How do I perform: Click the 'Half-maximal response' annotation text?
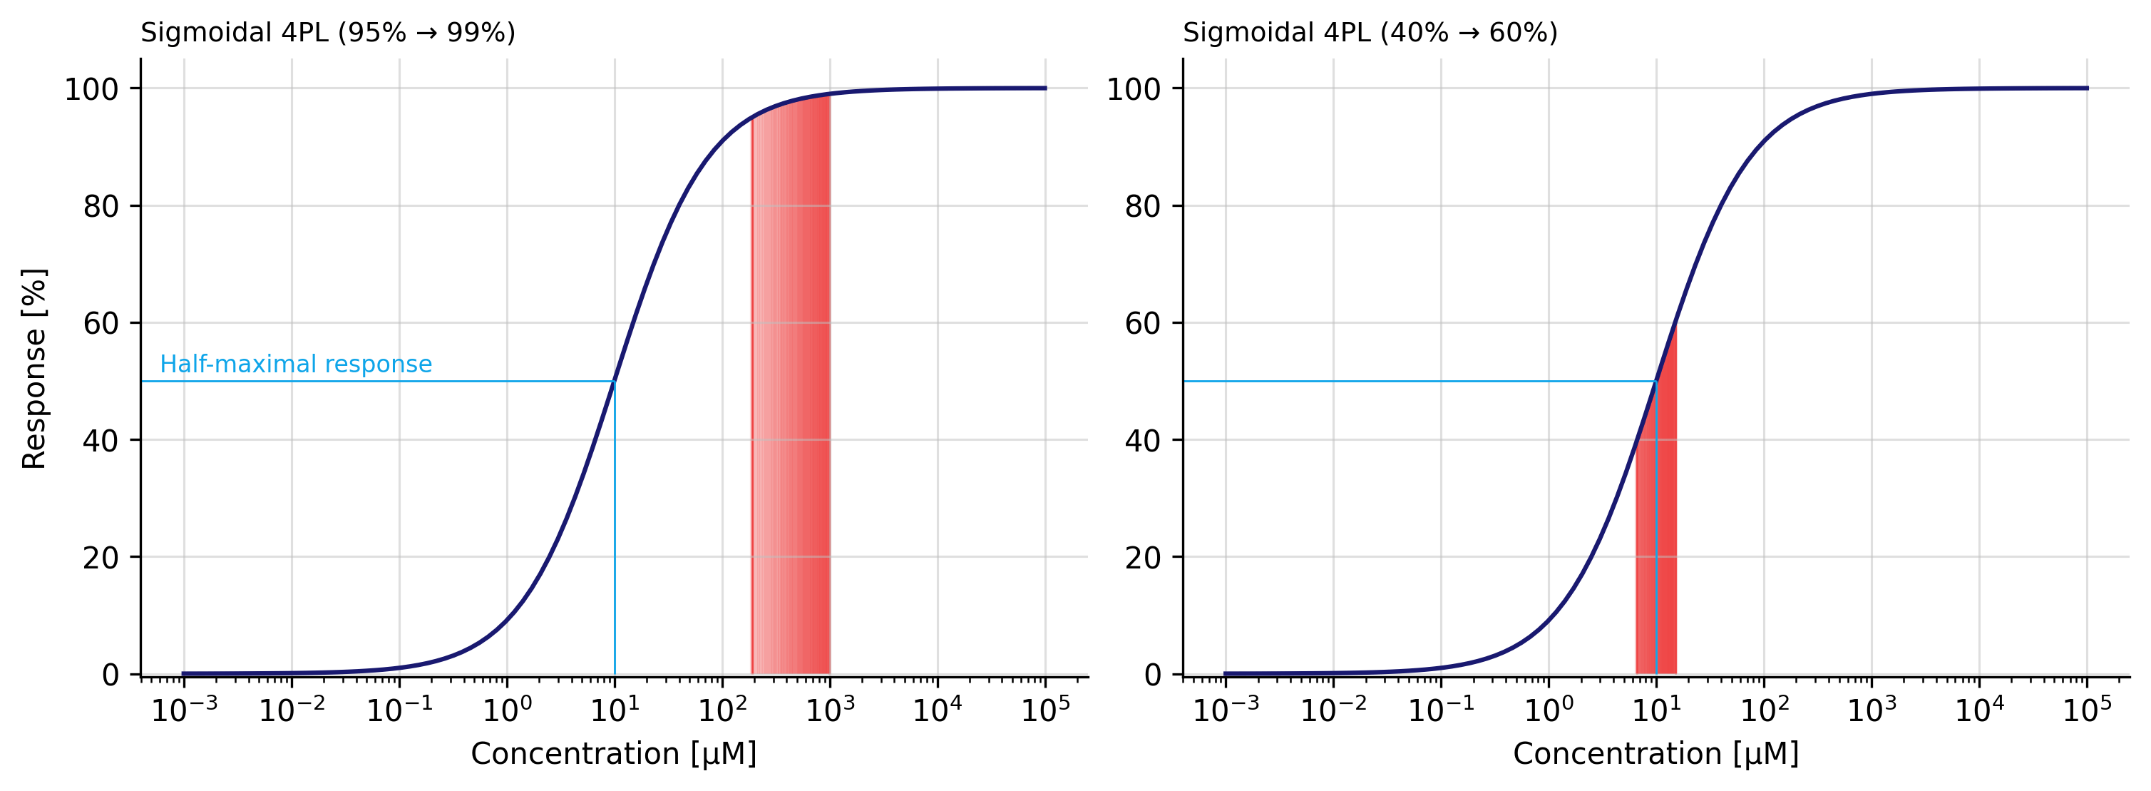pyautogui.click(x=296, y=364)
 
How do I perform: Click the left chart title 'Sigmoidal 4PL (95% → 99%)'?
pyautogui.click(x=327, y=34)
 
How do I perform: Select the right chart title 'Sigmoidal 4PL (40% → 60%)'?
pyautogui.click(x=1370, y=34)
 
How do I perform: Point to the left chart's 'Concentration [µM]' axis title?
pyautogui.click(x=614, y=753)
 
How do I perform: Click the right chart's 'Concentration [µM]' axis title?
pyautogui.click(x=1655, y=753)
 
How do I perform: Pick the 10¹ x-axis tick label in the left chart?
pyautogui.click(x=615, y=710)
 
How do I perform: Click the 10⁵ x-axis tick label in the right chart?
pyautogui.click(x=2087, y=710)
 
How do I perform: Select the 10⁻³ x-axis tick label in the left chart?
pyautogui.click(x=184, y=710)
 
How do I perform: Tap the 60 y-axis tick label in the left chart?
pyautogui.click(x=101, y=323)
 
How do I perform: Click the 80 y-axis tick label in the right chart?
pyautogui.click(x=1142, y=206)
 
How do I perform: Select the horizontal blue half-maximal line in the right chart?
pyautogui.click(x=1420, y=382)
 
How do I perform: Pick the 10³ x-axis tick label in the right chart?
pyautogui.click(x=1872, y=710)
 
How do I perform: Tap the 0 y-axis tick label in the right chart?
pyautogui.click(x=1152, y=675)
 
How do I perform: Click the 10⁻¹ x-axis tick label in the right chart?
pyautogui.click(x=1440, y=710)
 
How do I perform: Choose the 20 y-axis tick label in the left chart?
pyautogui.click(x=101, y=557)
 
